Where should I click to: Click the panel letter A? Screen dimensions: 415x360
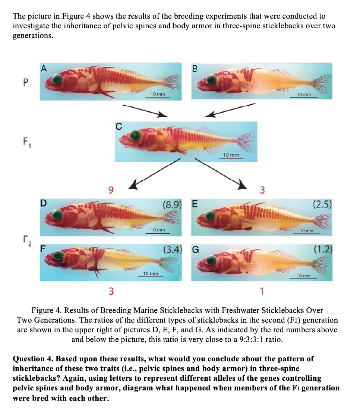(44, 68)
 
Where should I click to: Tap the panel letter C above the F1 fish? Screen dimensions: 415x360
(118, 126)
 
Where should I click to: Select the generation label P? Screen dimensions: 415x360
(25, 82)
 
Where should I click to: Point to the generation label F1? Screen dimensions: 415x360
(26, 142)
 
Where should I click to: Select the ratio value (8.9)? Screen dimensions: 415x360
(172, 204)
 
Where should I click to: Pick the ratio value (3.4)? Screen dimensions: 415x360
(172, 248)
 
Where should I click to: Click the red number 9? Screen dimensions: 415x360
(110, 191)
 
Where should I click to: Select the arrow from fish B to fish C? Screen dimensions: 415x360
(230, 110)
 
